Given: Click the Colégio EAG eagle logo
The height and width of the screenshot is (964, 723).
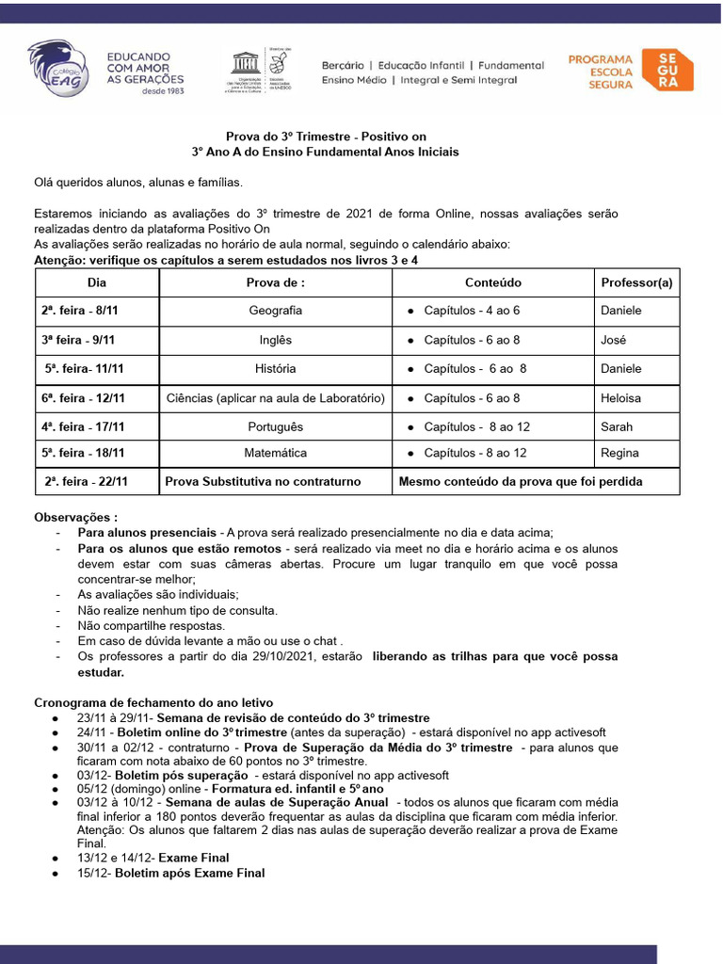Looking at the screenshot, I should (58, 68).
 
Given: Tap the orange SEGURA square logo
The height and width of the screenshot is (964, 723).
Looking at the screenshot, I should (667, 70).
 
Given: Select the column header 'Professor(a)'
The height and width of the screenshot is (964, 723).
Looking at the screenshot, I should (636, 282).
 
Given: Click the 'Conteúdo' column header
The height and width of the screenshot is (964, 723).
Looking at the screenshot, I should (492, 282).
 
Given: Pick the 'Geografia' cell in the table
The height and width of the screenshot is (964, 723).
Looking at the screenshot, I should (276, 311).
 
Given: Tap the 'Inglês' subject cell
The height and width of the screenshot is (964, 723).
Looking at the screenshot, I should (276, 340).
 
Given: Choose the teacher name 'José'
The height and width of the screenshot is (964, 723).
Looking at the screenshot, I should (613, 340).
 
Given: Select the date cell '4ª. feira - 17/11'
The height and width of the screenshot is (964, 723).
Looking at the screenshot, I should (83, 426).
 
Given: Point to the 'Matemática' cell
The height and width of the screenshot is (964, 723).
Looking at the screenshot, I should (276, 453).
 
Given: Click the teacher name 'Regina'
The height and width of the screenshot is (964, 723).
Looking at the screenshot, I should (619, 453).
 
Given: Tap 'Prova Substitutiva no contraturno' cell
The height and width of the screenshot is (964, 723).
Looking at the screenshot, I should (263, 481).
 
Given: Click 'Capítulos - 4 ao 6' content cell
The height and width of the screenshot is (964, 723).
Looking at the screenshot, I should (472, 311).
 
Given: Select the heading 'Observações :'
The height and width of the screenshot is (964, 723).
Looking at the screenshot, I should (76, 517).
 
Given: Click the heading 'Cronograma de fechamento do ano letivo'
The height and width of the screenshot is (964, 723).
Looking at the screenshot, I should (153, 702).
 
